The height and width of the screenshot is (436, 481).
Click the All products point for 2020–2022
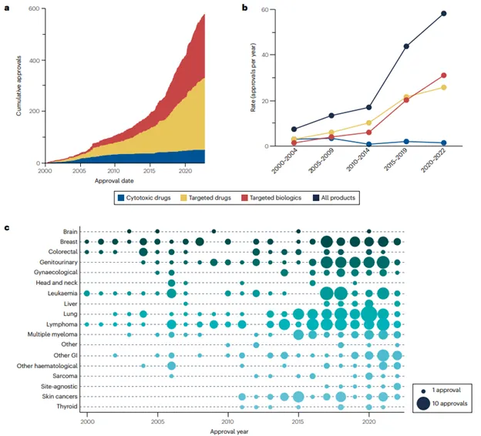point(443,13)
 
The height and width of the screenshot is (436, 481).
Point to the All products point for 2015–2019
point(405,46)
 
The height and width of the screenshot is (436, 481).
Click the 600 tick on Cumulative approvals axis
point(35,8)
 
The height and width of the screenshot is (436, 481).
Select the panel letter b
point(245,8)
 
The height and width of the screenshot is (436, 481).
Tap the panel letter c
point(8,228)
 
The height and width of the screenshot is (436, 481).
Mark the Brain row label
point(69,230)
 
